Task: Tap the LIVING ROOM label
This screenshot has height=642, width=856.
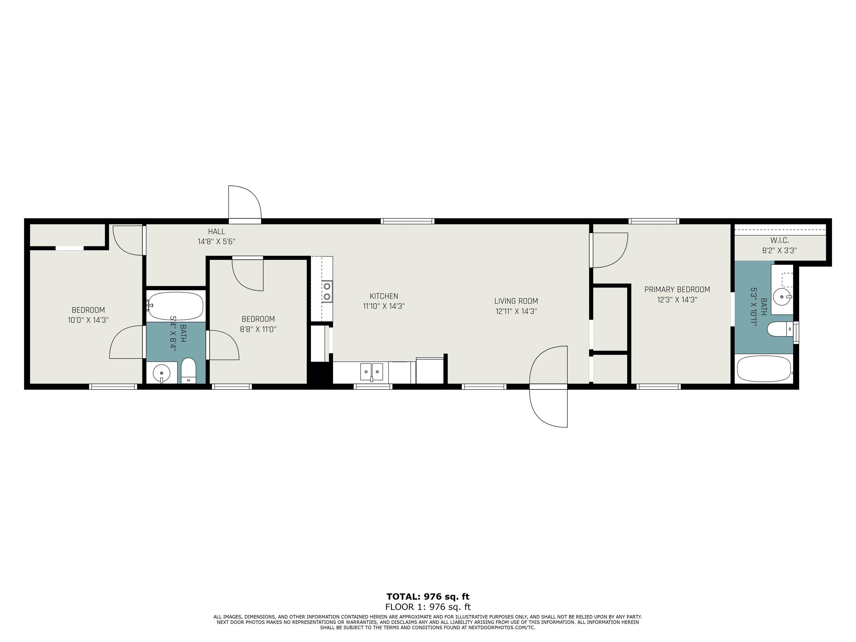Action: [516, 301]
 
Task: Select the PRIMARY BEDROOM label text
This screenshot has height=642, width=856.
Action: [677, 290]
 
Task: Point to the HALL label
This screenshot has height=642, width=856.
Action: [216, 231]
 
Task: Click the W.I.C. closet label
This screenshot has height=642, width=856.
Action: [779, 240]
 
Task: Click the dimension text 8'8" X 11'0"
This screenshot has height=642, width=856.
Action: [258, 329]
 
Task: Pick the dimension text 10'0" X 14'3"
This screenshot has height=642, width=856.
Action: [88, 320]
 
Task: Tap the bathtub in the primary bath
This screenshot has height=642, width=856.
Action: [763, 368]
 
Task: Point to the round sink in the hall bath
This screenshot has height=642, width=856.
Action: [161, 373]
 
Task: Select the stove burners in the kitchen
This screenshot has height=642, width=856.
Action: [327, 291]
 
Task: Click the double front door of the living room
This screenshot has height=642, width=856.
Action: [548, 386]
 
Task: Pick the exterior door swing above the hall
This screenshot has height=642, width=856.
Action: [245, 203]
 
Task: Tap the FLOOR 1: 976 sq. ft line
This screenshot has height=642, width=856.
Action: [428, 607]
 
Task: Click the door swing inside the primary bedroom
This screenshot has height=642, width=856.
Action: [610, 250]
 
